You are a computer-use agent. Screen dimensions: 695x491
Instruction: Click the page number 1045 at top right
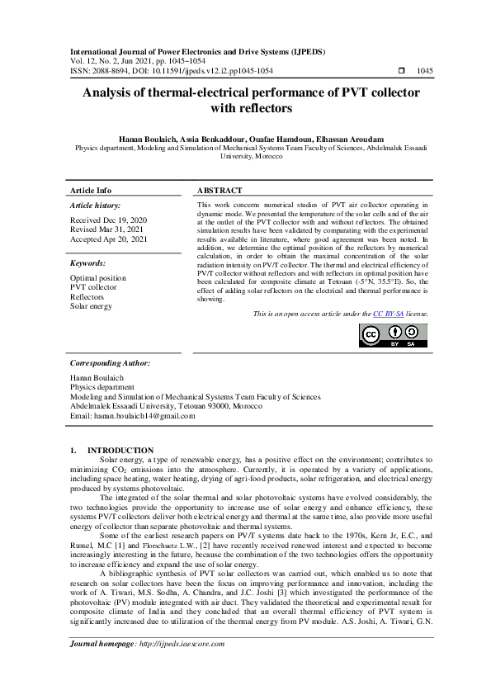point(426,71)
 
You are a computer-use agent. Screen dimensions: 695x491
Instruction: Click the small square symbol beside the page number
point(402,71)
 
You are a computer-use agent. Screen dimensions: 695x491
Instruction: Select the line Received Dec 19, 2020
point(106,220)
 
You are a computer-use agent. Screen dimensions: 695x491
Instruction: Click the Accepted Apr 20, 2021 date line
point(106,239)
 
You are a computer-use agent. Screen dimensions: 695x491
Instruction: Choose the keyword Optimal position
point(98,278)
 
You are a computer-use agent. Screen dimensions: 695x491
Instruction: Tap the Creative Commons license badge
point(393,334)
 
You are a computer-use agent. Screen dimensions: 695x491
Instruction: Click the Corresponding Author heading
point(110,362)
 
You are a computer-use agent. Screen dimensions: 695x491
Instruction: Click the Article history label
point(95,205)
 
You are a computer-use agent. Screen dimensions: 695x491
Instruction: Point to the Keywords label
point(88,264)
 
